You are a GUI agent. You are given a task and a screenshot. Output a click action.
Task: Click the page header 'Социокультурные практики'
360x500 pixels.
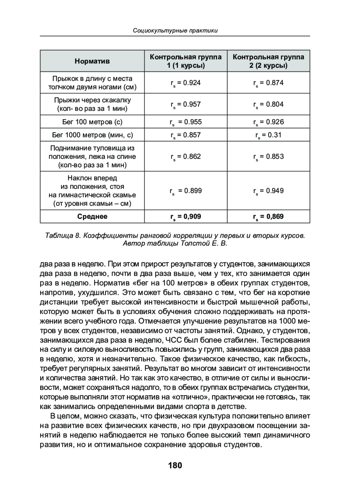coord(175,31)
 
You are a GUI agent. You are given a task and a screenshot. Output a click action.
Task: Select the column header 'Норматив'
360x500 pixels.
coord(92,61)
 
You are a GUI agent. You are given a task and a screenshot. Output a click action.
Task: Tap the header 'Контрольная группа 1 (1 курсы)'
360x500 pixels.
coord(186,61)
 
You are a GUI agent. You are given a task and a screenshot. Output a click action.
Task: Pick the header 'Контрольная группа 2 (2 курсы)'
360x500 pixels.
coord(268,61)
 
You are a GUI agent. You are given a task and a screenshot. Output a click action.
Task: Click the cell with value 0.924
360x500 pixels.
coord(186,83)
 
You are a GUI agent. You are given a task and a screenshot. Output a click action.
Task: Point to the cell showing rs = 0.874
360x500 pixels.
coord(268,83)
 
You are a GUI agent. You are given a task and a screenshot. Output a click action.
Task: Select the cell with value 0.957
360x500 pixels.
coord(186,104)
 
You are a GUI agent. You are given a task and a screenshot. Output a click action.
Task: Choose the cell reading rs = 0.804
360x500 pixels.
coord(268,104)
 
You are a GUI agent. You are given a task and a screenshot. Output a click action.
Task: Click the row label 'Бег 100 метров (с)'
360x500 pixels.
coord(92,122)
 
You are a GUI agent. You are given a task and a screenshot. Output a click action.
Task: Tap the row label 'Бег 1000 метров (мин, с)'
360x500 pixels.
coord(92,135)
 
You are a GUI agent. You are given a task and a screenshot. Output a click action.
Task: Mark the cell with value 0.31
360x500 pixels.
coord(268,135)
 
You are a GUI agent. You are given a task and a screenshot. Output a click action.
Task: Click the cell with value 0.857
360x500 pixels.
coord(186,135)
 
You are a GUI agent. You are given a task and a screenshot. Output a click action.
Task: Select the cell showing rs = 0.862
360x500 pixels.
coord(186,157)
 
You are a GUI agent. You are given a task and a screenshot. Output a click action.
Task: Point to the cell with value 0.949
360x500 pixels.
coord(268,191)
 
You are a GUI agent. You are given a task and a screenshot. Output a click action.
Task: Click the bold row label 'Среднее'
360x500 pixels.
coord(92,217)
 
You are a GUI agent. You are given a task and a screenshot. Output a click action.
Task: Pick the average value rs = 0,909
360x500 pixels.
coord(186,217)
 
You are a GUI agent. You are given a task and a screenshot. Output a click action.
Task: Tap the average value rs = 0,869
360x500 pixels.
coord(268,217)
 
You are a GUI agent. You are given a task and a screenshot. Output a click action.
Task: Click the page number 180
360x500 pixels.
coord(175,465)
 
